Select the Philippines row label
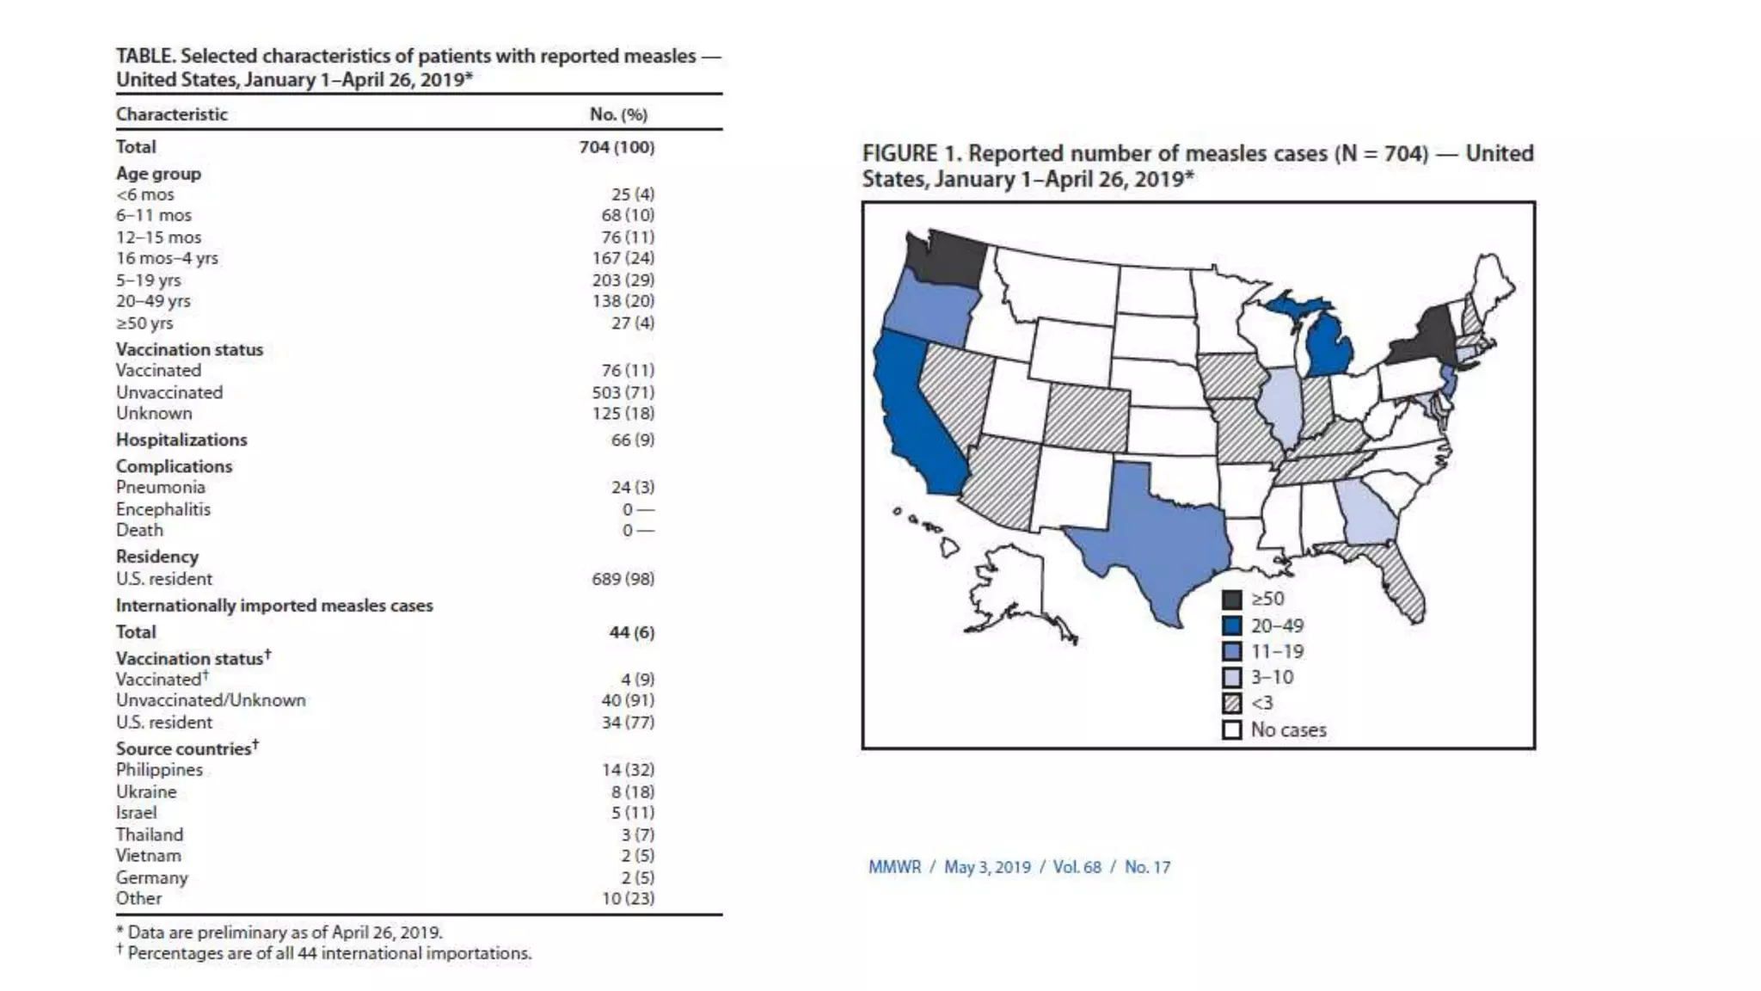pyautogui.click(x=159, y=770)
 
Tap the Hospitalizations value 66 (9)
pyautogui.click(x=632, y=440)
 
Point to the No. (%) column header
pyautogui.click(x=618, y=114)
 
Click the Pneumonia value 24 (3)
pyautogui.click(x=632, y=487)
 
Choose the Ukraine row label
pyautogui.click(x=146, y=791)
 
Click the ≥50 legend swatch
pyautogui.click(x=1232, y=600)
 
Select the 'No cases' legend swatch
pyautogui.click(x=1232, y=730)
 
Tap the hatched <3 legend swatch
pyautogui.click(x=1232, y=704)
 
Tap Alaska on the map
pyautogui.click(x=1015, y=594)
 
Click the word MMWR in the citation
pyautogui.click(x=894, y=867)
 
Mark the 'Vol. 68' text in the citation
pyautogui.click(x=1077, y=867)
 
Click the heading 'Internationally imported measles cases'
pyautogui.click(x=274, y=606)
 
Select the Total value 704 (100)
pyautogui.click(x=617, y=147)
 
